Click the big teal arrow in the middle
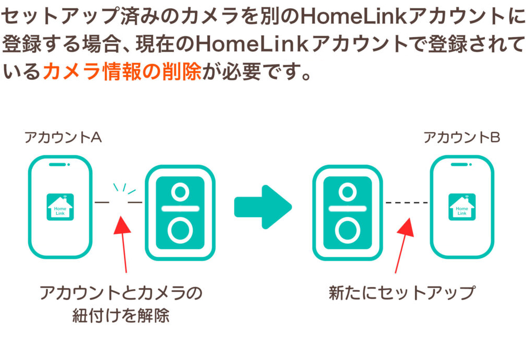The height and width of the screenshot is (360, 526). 262,207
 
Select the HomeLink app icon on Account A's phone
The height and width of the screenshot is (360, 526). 60,207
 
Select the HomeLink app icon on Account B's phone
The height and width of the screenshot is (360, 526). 462,207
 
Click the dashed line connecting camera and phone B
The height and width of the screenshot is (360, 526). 406,202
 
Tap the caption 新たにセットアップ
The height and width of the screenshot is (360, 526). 402,293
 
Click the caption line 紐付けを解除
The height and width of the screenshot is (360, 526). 121,316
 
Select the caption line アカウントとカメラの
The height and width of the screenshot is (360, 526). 121,293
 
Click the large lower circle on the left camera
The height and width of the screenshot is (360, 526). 180,230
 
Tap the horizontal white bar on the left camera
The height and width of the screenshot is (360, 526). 180,208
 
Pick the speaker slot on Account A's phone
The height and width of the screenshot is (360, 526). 58,165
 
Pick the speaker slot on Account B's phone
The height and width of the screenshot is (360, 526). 459,165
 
